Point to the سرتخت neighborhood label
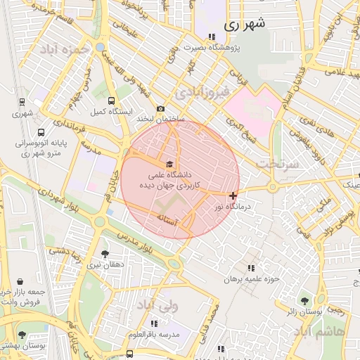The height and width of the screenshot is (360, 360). [x=278, y=163]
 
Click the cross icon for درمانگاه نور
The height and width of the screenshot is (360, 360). [x=233, y=195]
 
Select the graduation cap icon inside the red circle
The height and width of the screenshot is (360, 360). [x=169, y=164]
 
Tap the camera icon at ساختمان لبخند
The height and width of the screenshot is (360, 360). [x=161, y=109]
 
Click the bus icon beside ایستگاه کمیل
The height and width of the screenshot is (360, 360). [x=112, y=101]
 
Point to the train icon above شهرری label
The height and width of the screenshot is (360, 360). [x=22, y=102]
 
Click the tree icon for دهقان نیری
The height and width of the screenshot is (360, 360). [x=105, y=254]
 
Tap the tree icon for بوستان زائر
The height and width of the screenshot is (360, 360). [x=304, y=300]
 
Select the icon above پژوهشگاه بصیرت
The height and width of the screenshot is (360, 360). [x=212, y=37]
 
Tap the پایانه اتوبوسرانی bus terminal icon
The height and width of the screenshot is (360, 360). [x=41, y=132]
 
